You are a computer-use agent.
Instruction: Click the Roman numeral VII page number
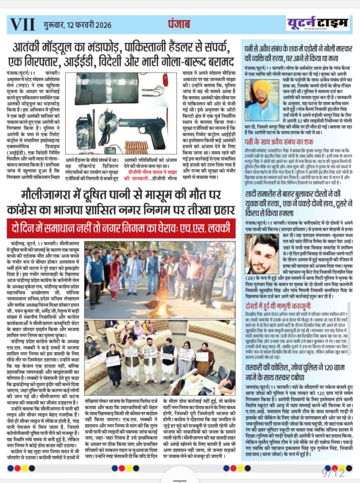pyautogui.click(x=22, y=25)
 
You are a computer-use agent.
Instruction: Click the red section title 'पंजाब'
pyautogui.click(x=179, y=24)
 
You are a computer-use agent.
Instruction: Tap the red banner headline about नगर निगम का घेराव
pyautogui.click(x=121, y=229)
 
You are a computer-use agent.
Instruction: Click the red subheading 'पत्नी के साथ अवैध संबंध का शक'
pyautogui.click(x=279, y=142)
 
